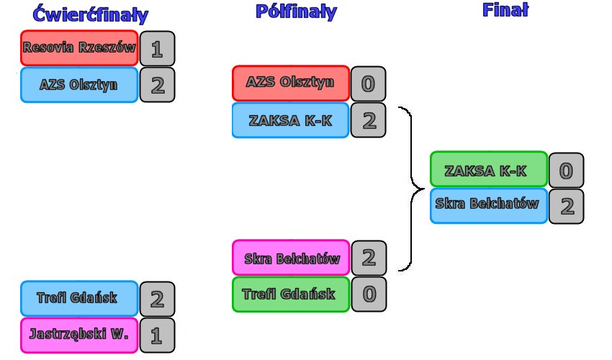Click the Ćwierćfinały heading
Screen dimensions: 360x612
pos(90,14)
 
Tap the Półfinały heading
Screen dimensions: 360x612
pos(295,12)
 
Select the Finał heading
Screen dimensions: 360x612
pos(505,10)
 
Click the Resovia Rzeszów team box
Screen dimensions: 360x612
pos(79,48)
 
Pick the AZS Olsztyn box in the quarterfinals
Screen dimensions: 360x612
pos(79,84)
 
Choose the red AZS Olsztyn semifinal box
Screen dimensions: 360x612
pos(291,83)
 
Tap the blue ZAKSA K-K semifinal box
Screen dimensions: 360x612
pos(291,120)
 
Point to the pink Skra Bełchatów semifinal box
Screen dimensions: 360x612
pos(291,258)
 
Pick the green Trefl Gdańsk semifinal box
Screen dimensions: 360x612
pos(291,294)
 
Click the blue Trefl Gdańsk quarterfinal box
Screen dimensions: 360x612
pos(79,298)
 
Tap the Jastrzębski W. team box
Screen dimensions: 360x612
pos(79,334)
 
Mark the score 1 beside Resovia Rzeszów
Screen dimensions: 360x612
pos(157,48)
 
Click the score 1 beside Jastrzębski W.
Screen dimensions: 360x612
pos(157,335)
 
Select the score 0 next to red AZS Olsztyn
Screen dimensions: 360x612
pos(368,84)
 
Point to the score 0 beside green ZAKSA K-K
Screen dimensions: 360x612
pos(566,171)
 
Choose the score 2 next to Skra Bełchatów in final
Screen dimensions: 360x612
pos(566,206)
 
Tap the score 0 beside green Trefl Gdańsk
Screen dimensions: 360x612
pos(368,294)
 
